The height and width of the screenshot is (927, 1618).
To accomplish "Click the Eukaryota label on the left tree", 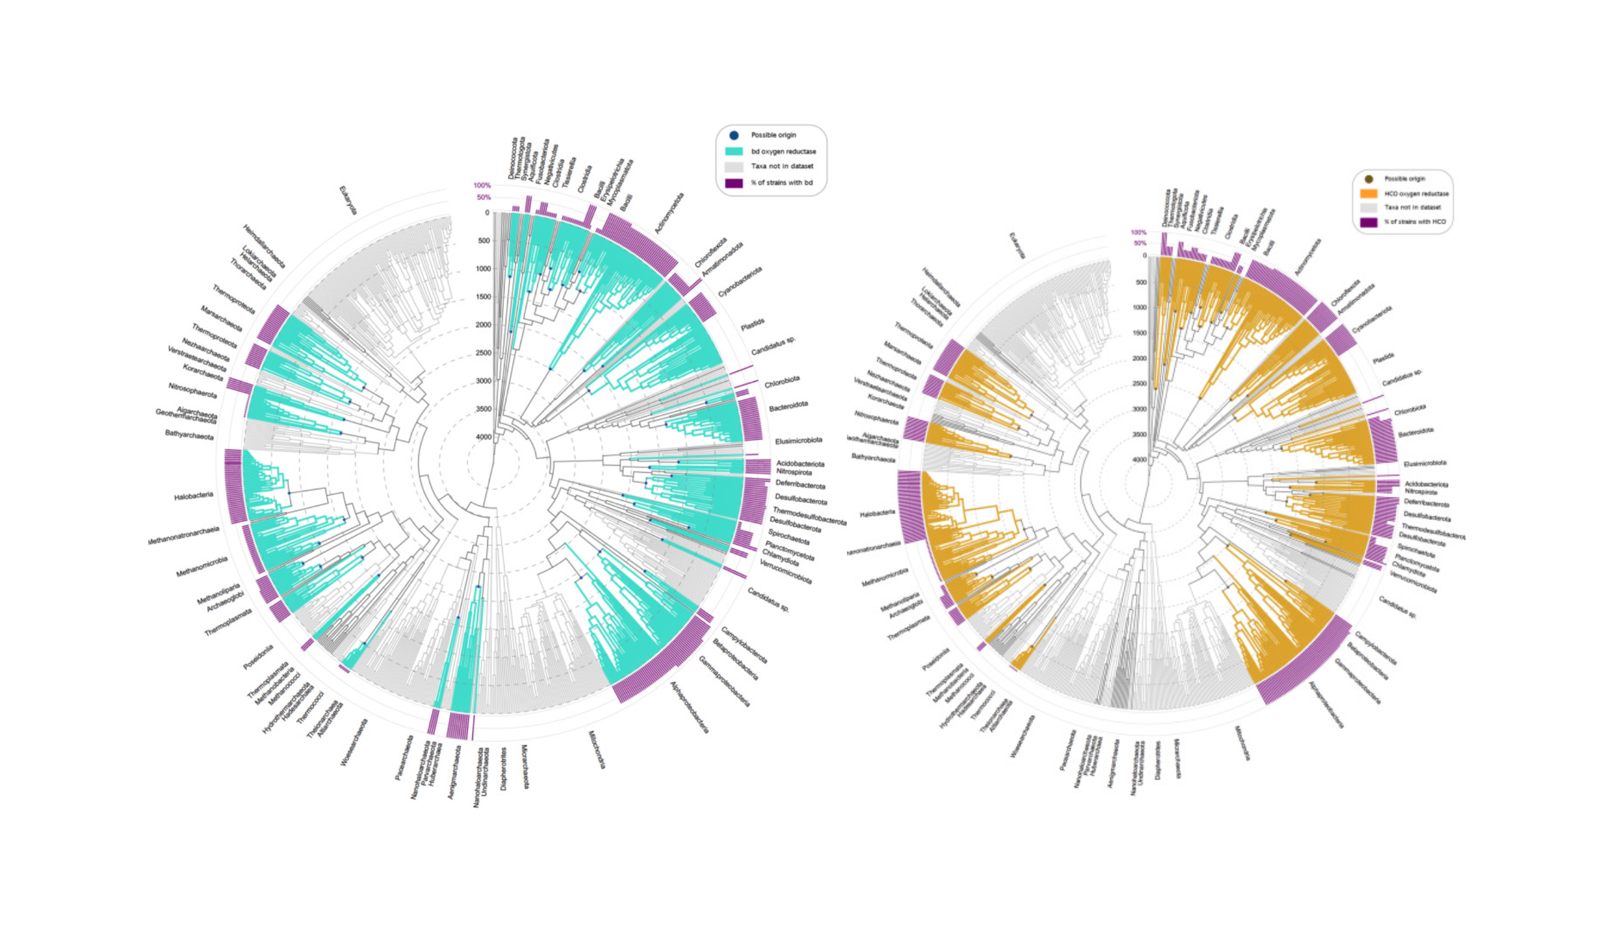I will coord(348,200).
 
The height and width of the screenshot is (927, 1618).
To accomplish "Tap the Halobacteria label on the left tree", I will coord(193,495).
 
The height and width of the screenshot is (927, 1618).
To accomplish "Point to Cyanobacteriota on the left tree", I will coord(739,282).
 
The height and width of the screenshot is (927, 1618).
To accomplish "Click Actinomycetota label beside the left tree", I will coord(669,212).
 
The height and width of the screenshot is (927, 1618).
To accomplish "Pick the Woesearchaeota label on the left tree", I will coord(354,742).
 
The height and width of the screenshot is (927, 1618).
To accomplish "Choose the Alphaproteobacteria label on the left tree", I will coord(690,707).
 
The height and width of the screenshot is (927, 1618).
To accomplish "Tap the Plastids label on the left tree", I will coord(752,325).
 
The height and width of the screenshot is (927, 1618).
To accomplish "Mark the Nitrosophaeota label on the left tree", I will coord(192,391).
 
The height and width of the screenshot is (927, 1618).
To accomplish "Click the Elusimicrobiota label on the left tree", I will coord(798,440).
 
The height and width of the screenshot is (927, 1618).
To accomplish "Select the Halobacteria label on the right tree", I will coord(877,513).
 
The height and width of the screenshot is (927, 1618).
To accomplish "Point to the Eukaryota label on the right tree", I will coord(1017,245).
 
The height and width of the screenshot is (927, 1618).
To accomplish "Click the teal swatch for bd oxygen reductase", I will coord(733,151).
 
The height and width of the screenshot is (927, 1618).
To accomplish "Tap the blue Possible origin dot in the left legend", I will coord(733,135).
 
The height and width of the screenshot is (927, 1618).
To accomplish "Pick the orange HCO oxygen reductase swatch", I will coord(1369,194).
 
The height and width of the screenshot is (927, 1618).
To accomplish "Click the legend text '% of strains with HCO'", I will coord(1415,222).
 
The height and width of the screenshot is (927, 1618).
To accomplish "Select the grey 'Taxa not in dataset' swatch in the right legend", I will coord(1369,208).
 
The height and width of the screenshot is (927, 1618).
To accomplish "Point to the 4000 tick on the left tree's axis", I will coord(483,437).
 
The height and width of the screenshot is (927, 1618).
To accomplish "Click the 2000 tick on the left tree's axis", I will coord(483,325).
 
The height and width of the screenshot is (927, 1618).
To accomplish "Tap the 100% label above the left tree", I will coord(482,185).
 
